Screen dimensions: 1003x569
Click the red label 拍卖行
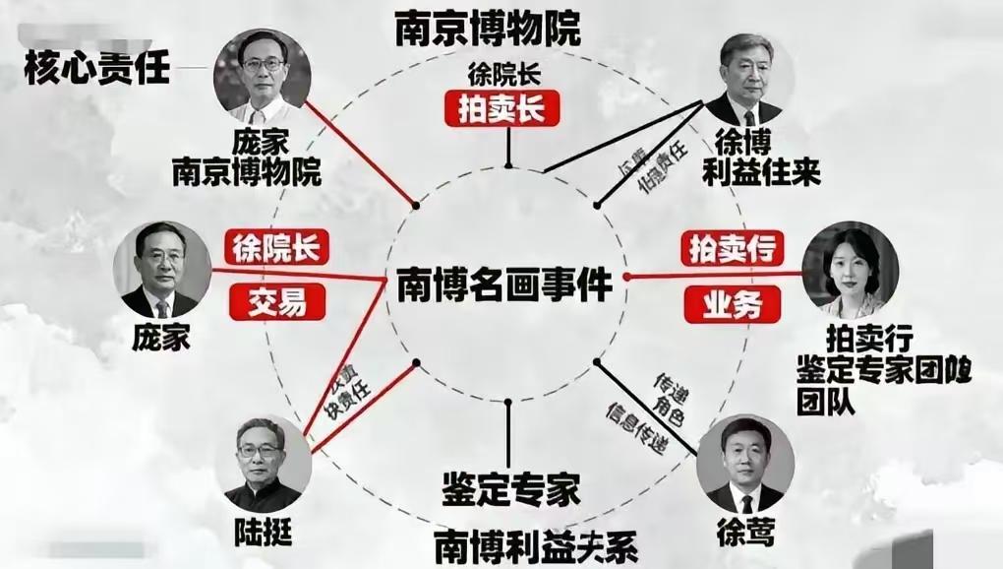coord(732,248)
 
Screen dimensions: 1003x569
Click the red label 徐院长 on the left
coord(276,246)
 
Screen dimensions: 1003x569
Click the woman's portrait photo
coord(851,269)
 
